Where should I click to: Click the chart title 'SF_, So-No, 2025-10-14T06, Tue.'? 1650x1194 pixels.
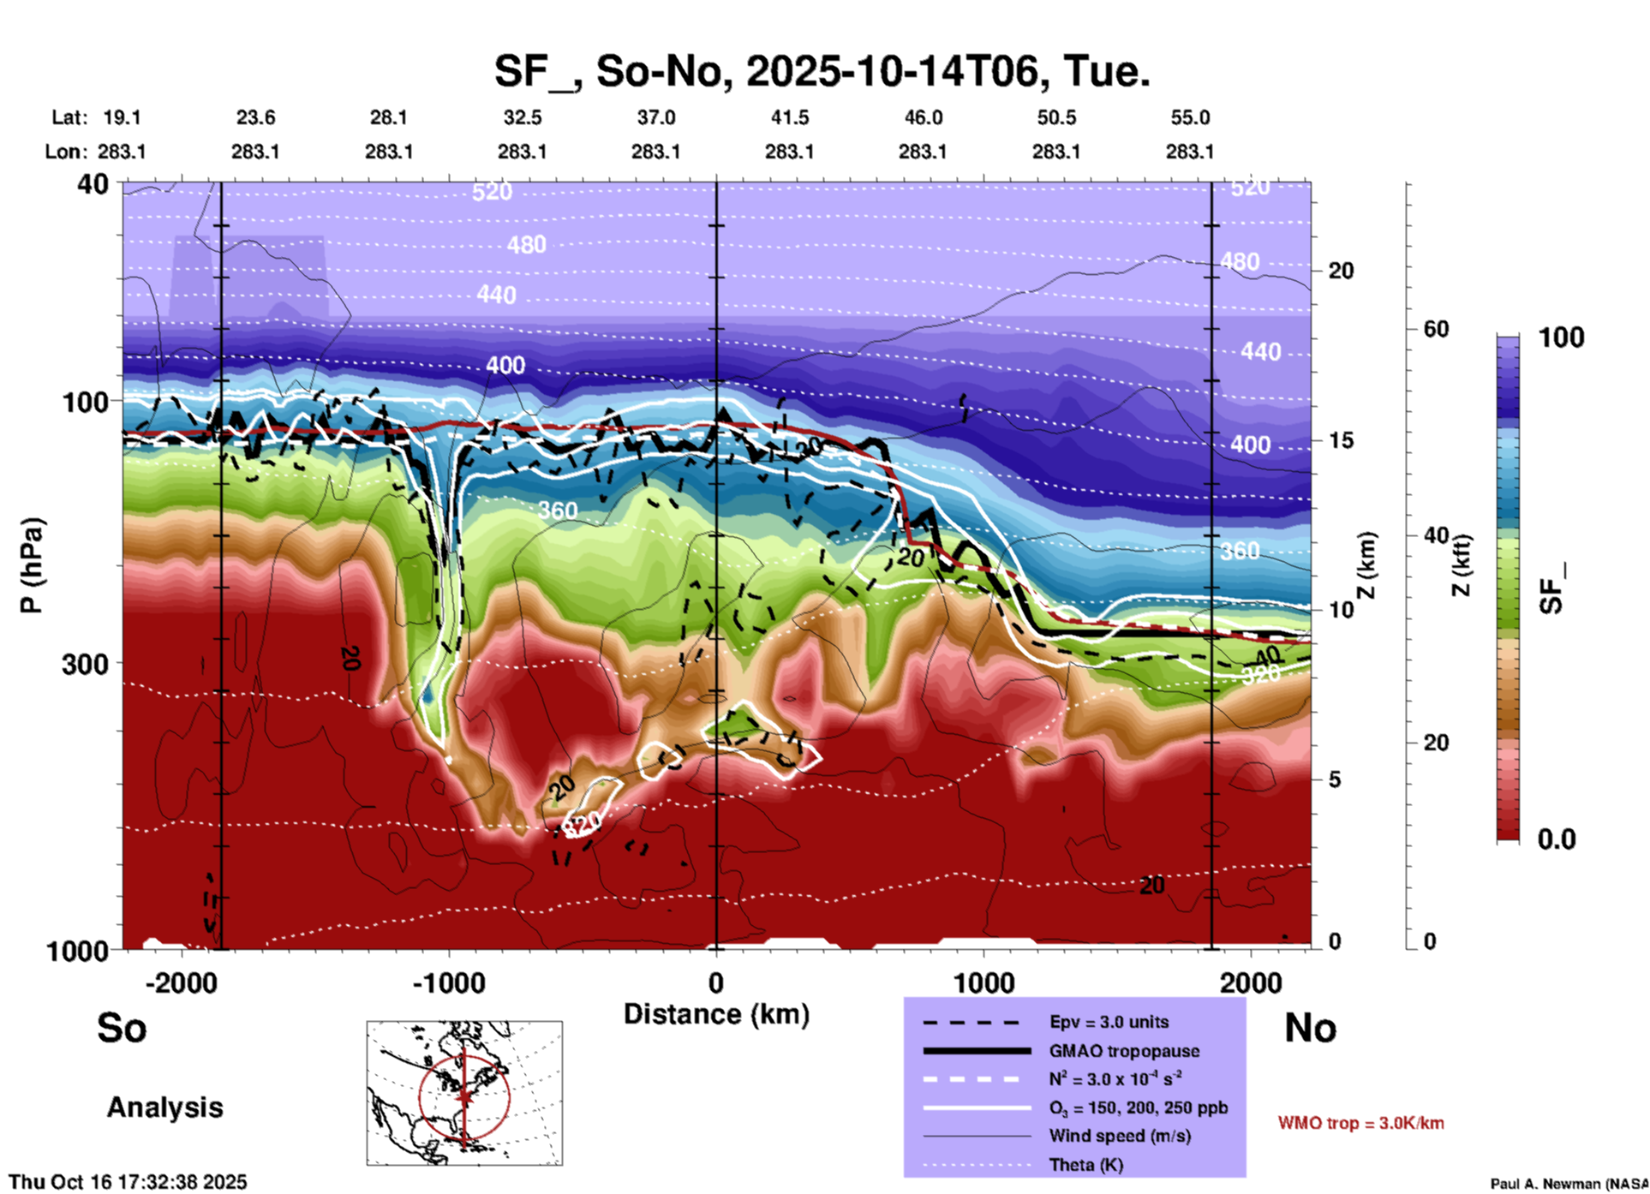tap(822, 71)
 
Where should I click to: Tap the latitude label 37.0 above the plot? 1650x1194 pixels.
tap(655, 117)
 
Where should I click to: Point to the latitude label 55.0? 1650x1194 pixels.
tap(1190, 117)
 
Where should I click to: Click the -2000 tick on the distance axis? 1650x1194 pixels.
tap(181, 982)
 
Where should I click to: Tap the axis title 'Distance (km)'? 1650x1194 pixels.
tap(716, 1014)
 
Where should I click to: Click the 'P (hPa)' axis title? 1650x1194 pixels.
tap(32, 565)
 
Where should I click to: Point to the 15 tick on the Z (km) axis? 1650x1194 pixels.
tap(1341, 440)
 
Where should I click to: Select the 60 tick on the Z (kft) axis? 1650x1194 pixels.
tap(1436, 329)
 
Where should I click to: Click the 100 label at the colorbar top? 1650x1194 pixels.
tap(1561, 337)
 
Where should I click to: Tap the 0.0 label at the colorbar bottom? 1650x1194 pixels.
tap(1557, 839)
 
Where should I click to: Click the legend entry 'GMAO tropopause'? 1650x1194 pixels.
tap(1124, 1051)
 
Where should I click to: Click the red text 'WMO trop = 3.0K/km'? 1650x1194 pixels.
tap(1360, 1123)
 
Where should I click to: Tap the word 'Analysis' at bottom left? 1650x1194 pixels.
tap(164, 1107)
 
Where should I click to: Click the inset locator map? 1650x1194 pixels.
tap(464, 1093)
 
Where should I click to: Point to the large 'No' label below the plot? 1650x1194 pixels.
tap(1310, 1028)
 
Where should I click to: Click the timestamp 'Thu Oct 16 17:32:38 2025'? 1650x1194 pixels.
tap(128, 1182)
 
